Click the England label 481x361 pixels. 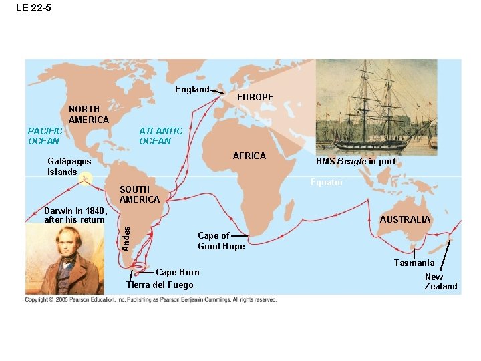click(192, 90)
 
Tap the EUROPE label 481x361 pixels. click(255, 98)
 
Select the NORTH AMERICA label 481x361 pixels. click(88, 114)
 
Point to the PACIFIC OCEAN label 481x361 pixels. click(45, 136)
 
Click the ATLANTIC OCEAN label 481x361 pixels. click(160, 136)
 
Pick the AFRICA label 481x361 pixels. click(249, 156)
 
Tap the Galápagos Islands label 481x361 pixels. click(69, 166)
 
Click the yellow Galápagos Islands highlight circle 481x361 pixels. click(85, 178)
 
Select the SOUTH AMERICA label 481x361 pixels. click(140, 195)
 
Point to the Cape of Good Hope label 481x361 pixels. click(221, 241)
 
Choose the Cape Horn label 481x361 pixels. click(177, 272)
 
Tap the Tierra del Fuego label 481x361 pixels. click(160, 285)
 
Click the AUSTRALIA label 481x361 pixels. click(405, 220)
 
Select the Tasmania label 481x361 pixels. click(414, 263)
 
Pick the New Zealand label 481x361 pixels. click(441, 281)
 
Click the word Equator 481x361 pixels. click(327, 183)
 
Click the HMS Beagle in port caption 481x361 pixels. click(355, 162)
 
